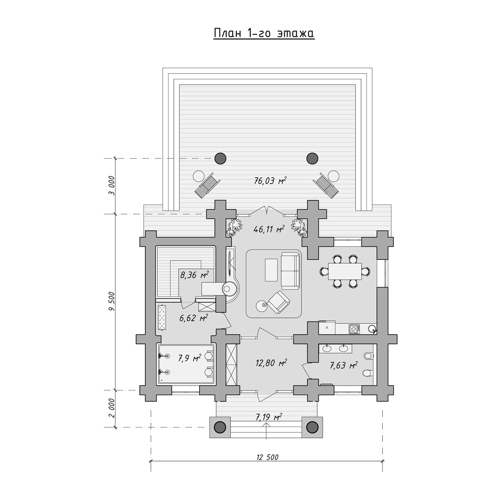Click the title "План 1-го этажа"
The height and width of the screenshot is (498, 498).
[x=264, y=34]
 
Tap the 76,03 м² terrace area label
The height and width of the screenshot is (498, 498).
[x=270, y=181]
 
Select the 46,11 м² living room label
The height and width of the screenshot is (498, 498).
[x=269, y=229]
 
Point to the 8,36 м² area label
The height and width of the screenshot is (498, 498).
[x=194, y=275]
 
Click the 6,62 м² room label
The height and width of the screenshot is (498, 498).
[x=193, y=317]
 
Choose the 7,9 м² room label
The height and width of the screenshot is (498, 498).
[x=189, y=358]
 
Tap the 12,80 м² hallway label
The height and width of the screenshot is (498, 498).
[x=271, y=363]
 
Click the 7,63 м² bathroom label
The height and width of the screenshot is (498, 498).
[x=344, y=365]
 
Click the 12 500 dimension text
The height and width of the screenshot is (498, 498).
[x=268, y=457]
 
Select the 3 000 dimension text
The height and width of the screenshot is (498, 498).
[x=112, y=186]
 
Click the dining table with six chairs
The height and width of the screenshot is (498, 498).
[x=345, y=271]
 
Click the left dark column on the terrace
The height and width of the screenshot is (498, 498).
[x=220, y=159]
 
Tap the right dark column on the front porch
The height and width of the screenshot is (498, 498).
[x=312, y=427]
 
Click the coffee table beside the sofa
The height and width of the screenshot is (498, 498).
[x=271, y=270]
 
